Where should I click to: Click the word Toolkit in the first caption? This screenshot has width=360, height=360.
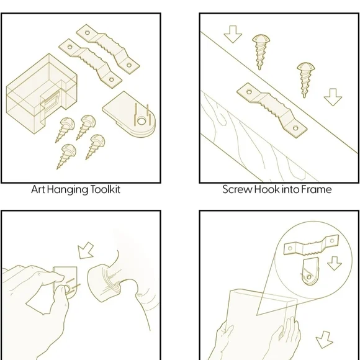tap(106, 190)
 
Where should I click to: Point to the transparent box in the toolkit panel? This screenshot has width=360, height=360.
tap(42, 94)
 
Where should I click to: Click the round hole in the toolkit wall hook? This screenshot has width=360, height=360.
tap(141, 121)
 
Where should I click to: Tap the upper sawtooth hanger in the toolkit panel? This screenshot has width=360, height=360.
tap(108, 49)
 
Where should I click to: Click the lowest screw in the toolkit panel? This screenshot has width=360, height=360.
tap(66, 156)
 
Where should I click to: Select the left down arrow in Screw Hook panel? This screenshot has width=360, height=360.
tap(233, 34)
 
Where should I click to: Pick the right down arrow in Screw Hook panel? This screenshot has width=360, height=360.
tap(333, 97)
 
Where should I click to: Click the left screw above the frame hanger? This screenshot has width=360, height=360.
tap(261, 52)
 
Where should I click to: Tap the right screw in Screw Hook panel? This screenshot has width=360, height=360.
tap(305, 80)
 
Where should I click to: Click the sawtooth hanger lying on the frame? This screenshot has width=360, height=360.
tap(272, 110)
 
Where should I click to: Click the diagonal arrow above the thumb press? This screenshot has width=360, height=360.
tap(85, 251)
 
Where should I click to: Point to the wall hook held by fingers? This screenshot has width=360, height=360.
tap(65, 282)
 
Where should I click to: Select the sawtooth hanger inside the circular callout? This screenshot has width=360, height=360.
tap(312, 245)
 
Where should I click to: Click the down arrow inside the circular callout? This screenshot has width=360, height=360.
tap(335, 263)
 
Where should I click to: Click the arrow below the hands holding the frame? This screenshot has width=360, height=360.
tap(324, 340)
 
